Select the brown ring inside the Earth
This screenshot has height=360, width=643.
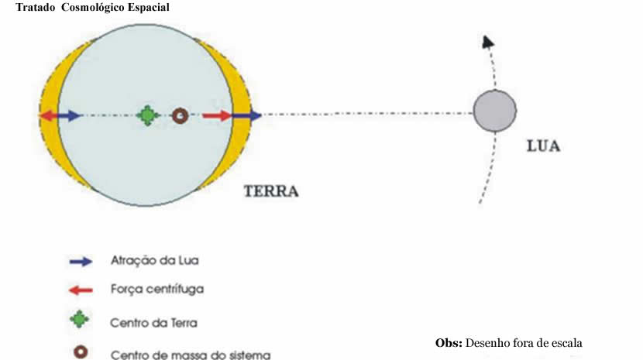[x=180, y=116]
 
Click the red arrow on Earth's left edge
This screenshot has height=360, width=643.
[x=48, y=116]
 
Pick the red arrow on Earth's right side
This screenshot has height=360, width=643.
[x=218, y=116]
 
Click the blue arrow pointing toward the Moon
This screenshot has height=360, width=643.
[x=247, y=116]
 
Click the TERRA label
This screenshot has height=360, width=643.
[x=271, y=191]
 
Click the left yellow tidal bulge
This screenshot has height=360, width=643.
[x=48, y=93]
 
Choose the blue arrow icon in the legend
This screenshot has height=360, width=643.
[x=81, y=262]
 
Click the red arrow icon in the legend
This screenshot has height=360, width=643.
[x=81, y=290]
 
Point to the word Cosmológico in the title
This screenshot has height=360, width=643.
[x=95, y=7]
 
